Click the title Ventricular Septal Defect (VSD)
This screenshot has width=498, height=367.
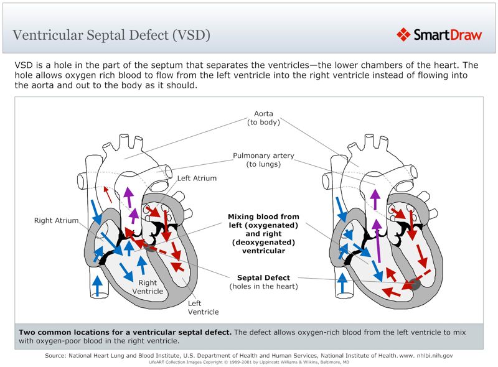(x=111, y=35)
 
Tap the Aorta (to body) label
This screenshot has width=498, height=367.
(x=263, y=118)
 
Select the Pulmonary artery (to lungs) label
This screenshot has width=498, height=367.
(x=263, y=160)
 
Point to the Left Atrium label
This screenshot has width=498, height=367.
(x=197, y=179)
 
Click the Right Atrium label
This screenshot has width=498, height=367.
(x=56, y=220)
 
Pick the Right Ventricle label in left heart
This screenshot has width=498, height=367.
(x=148, y=287)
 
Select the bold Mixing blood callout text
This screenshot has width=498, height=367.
(x=263, y=234)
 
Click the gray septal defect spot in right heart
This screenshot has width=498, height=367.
(x=413, y=284)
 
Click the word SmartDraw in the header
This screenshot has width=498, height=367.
(x=448, y=35)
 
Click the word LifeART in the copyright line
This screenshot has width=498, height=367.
(x=154, y=361)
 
